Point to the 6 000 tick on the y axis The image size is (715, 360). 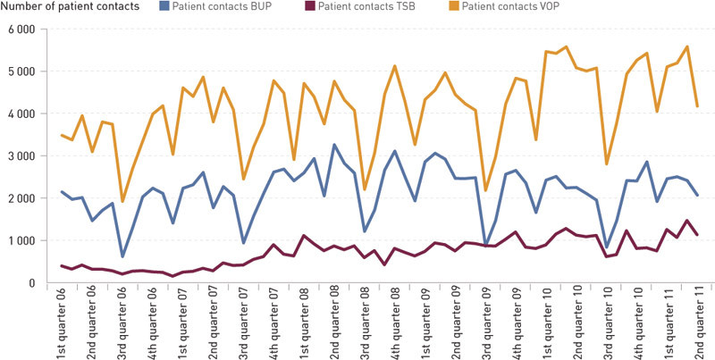tap(19, 29)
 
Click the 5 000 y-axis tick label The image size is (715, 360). tap(19, 71)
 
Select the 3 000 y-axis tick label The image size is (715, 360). tap(19, 156)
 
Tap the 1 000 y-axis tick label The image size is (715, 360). tap(19, 241)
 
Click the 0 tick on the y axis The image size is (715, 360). tap(29, 283)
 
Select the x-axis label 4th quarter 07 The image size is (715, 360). tap(275, 322)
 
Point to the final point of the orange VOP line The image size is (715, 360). tap(696, 106)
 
